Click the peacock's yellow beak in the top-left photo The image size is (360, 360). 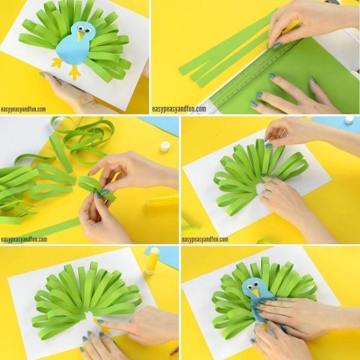coord(80,35)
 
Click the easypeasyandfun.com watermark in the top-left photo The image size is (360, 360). coord(23,109)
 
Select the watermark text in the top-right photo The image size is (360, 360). coord(179,109)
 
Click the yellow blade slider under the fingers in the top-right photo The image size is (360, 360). coord(291,26)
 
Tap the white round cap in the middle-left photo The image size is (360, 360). coord(165,146)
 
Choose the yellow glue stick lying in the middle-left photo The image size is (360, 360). coord(162,200)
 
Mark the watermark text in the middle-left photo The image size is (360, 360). coord(24,239)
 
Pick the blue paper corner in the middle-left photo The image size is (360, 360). coord(161,125)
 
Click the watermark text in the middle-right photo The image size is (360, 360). coord(205,239)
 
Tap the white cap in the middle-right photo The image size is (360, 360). coord(349,120)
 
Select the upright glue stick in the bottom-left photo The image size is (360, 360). coord(152,261)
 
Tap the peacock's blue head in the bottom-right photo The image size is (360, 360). coord(254,286)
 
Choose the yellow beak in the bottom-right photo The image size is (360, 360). coord(255,293)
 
